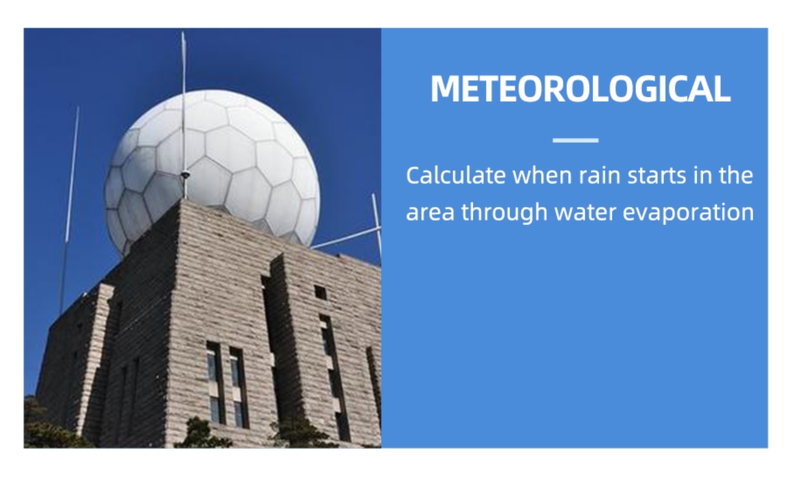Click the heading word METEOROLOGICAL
[x=581, y=89]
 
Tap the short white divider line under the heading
[x=575, y=140]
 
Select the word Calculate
[x=456, y=175]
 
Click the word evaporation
[x=688, y=213]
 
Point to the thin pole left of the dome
[x=69, y=210]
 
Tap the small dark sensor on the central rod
[x=185, y=175]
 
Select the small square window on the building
[x=320, y=292]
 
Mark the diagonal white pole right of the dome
[x=345, y=238]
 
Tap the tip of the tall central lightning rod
[x=184, y=32]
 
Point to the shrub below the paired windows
[x=202, y=434]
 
